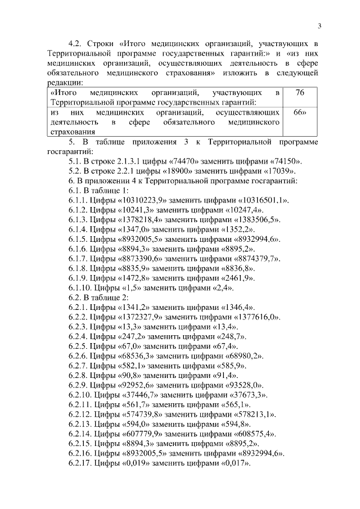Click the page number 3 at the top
[x=319, y=26]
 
